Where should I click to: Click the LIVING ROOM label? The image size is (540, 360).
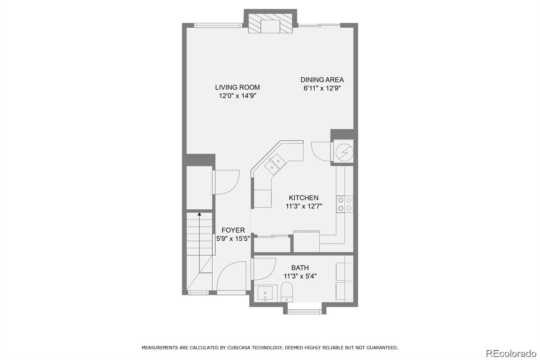click(238, 87)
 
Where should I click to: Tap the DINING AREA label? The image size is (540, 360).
click(322, 80)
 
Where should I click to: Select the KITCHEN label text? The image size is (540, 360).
click(303, 198)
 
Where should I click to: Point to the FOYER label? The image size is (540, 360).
click(233, 230)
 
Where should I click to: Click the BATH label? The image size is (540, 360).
click(300, 267)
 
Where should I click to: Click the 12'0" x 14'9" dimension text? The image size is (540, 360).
click(238, 96)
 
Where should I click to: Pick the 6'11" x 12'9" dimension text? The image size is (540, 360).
click(322, 88)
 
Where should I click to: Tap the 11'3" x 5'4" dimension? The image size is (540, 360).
click(300, 276)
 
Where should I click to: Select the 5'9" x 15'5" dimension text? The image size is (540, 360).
click(233, 239)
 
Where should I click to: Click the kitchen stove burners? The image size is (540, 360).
click(345, 204)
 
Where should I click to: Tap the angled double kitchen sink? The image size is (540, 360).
click(275, 164)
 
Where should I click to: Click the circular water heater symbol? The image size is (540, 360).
click(345, 153)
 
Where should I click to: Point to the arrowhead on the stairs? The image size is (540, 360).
click(199, 214)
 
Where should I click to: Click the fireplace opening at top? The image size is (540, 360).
click(270, 26)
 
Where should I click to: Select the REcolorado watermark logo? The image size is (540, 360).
click(511, 354)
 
